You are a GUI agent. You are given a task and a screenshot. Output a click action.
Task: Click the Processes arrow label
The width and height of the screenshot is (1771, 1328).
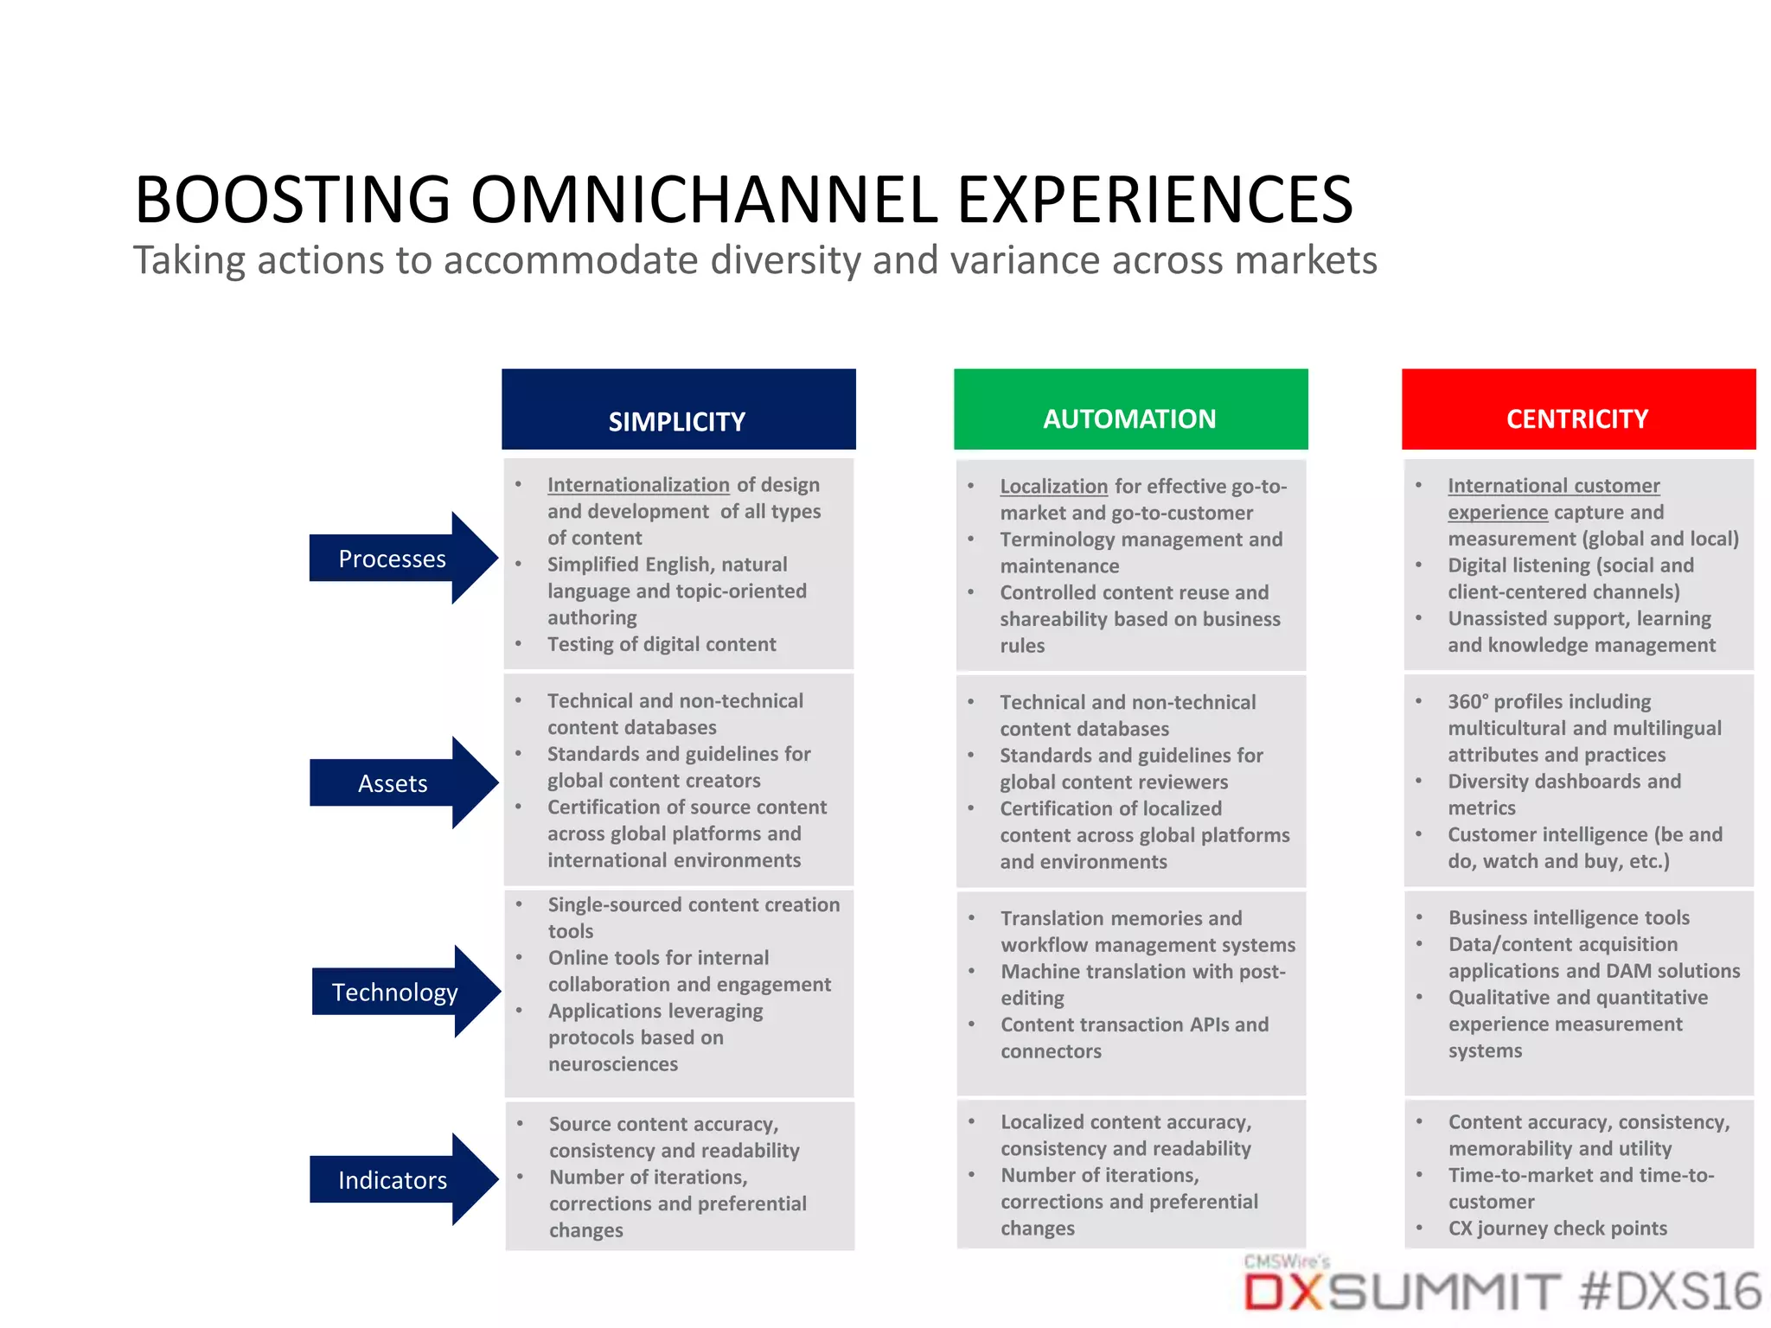coord(393,559)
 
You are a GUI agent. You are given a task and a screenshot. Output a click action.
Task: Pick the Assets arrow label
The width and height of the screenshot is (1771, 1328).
coord(393,783)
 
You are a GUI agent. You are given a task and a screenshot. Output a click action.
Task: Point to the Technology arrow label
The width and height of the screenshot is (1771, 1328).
coord(394,992)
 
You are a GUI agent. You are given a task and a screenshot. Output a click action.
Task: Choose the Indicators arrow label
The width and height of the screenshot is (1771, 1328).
coord(393,1180)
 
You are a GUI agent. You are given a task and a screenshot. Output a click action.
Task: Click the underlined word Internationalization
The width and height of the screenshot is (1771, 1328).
coord(638,485)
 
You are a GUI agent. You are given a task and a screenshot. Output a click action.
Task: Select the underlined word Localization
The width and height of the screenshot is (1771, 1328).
coord(1053,487)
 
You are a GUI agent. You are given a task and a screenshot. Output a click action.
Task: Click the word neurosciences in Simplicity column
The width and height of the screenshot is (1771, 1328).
coord(612,1064)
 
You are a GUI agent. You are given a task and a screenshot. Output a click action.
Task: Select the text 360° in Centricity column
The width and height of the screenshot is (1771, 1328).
coord(1467,702)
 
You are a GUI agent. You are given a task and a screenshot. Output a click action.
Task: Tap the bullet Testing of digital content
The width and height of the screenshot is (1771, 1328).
coord(662,644)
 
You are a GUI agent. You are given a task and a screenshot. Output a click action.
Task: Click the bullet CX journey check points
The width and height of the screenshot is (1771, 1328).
coord(1557,1229)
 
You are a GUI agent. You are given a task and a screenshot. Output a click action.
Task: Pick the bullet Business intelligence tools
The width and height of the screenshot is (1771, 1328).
coord(1569,918)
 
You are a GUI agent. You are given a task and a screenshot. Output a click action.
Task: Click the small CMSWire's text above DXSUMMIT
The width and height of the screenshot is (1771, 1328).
coord(1286,1261)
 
